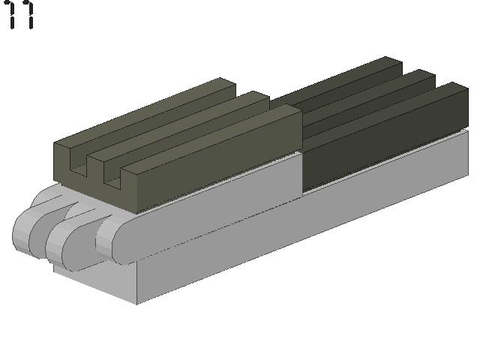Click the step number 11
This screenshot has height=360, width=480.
tap(20, 14)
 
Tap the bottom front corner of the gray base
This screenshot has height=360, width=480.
tap(136, 304)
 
